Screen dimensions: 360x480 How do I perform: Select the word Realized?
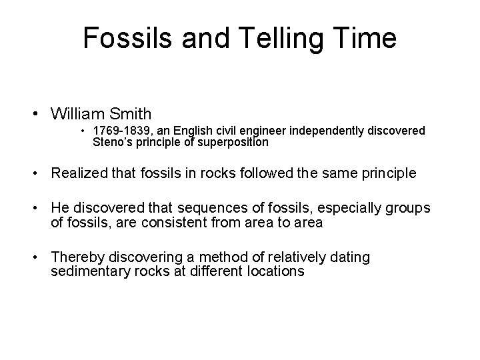(x=80, y=174)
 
